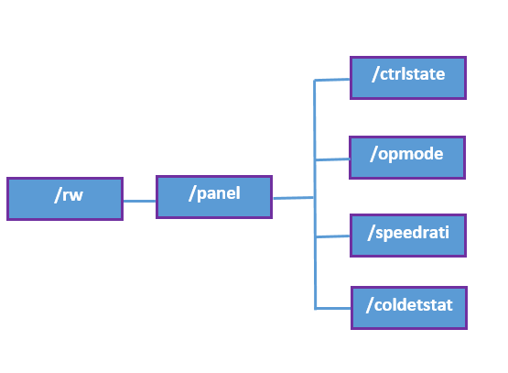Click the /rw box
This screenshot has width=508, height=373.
[64, 199]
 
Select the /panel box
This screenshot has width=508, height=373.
[214, 196]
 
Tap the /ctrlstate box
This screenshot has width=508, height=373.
[408, 78]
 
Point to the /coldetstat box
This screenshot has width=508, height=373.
[408, 307]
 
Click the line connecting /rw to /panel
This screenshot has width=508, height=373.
[139, 200]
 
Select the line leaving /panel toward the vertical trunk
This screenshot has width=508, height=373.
[293, 197]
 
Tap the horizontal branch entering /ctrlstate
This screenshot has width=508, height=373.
[332, 80]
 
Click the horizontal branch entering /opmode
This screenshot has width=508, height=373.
[332, 159]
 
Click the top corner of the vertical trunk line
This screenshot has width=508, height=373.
[315, 81]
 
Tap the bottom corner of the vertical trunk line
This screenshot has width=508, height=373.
[316, 307]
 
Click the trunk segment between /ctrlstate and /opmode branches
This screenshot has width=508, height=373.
[315, 119]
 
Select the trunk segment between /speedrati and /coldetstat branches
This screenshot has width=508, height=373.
[316, 272]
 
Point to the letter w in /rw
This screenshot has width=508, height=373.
[75, 196]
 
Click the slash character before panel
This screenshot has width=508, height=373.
[191, 193]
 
